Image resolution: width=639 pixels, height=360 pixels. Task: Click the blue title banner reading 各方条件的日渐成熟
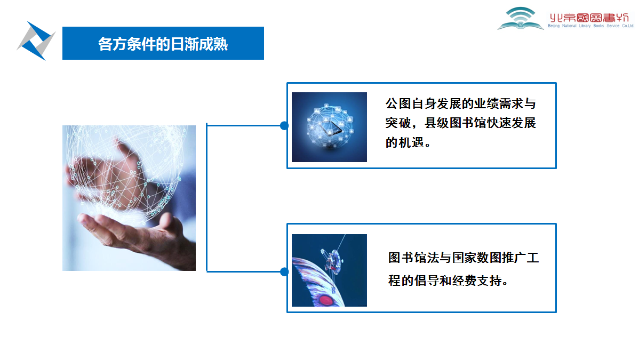click(x=163, y=43)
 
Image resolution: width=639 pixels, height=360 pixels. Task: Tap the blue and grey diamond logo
click(x=36, y=41)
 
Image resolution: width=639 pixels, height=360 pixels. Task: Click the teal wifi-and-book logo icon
click(x=521, y=18)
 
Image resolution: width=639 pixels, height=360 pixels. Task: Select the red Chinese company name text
click(x=589, y=18)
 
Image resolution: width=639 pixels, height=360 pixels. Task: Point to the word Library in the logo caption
click(x=585, y=26)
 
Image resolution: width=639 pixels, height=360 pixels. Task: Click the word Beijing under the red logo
click(x=554, y=26)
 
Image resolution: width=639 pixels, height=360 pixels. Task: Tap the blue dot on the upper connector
click(x=284, y=125)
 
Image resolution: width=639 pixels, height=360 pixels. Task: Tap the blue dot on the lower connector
click(x=284, y=271)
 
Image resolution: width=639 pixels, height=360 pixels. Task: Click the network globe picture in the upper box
click(x=329, y=127)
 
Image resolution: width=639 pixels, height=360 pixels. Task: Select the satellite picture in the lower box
click(x=329, y=270)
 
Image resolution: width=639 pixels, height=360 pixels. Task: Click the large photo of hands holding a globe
click(x=129, y=198)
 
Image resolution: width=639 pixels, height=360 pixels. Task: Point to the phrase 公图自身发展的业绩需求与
click(x=460, y=103)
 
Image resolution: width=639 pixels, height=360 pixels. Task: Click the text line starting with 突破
click(x=460, y=123)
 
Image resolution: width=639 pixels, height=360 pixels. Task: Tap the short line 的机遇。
click(x=408, y=142)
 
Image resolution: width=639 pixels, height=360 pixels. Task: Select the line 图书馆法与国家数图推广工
click(x=464, y=258)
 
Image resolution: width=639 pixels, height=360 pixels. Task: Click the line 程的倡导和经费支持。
click(x=448, y=281)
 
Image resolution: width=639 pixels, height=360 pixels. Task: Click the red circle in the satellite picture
click(x=326, y=301)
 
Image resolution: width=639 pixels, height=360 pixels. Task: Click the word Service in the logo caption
click(x=612, y=26)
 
